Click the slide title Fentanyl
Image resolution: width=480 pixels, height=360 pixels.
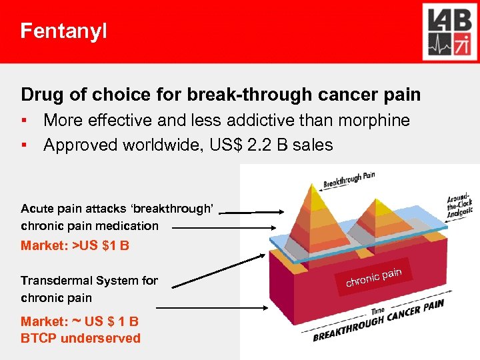click(x=63, y=31)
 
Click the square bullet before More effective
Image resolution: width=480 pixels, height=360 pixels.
click(x=24, y=121)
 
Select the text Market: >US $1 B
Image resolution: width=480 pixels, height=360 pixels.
click(x=75, y=245)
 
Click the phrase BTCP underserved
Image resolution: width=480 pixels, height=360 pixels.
click(x=81, y=338)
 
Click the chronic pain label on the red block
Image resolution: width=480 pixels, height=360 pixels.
click(x=373, y=277)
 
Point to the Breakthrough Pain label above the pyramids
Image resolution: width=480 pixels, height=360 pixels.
click(x=349, y=179)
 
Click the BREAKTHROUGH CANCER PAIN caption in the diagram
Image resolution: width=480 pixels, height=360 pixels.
click(x=379, y=321)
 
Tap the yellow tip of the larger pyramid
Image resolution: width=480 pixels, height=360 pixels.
click(x=313, y=190)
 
